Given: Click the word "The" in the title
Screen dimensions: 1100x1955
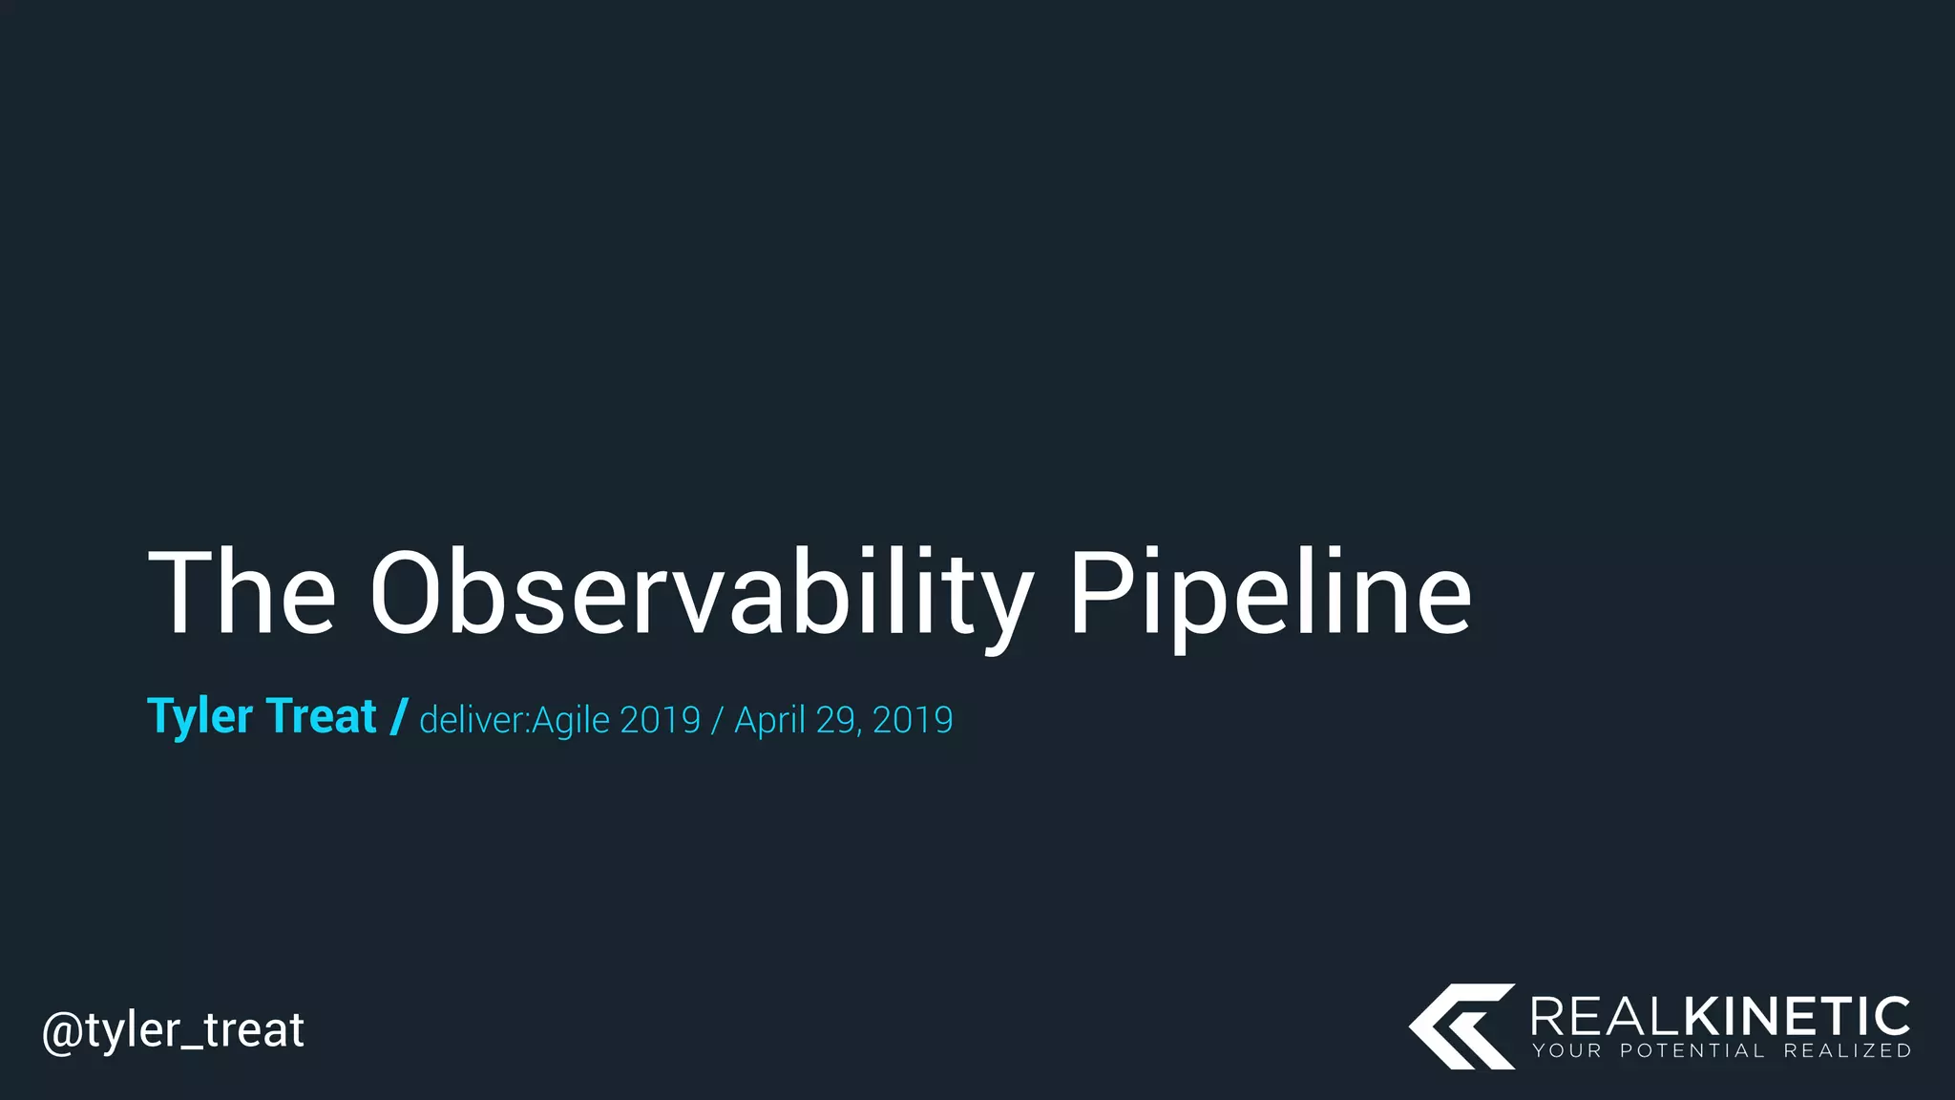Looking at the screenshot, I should click(x=242, y=593).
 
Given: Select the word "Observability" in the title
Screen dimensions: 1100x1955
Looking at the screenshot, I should click(x=702, y=593).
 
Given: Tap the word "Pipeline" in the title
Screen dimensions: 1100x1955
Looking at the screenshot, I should click(x=1270, y=593).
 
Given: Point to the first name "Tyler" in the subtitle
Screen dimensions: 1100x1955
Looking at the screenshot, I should click(x=200, y=717).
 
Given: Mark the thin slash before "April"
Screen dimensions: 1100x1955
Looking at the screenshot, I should click(x=717, y=720).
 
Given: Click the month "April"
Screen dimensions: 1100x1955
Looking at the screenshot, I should click(x=769, y=720).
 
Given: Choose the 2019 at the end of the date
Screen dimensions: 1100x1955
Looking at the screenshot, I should click(x=913, y=720).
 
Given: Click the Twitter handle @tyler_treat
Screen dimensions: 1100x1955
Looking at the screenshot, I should click(x=173, y=1030).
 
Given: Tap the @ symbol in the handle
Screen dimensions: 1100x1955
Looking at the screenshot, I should click(x=62, y=1031).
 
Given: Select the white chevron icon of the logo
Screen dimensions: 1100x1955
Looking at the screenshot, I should click(x=1461, y=1026).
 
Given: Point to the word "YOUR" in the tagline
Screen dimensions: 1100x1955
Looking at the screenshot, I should click(x=1566, y=1051).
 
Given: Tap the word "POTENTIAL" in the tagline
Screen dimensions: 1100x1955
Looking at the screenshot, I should click(x=1692, y=1051).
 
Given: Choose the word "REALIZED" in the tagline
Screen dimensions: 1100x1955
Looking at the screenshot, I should click(x=1847, y=1051).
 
